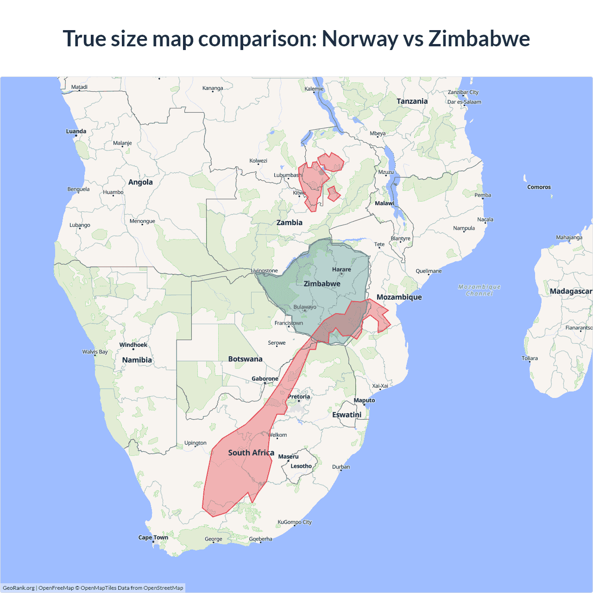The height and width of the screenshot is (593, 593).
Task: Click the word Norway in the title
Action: tap(360, 38)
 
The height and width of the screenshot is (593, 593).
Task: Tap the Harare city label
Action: tap(341, 270)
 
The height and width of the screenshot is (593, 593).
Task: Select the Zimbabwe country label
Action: tap(322, 284)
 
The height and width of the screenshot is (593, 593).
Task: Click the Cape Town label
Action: tap(153, 537)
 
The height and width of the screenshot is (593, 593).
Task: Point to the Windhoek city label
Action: tap(133, 345)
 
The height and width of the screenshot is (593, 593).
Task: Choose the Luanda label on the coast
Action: tap(76, 132)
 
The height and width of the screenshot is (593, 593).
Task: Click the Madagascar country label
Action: tap(570, 291)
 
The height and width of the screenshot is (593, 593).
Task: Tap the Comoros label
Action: tap(539, 187)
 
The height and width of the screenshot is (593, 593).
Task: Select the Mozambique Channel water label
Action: tap(479, 290)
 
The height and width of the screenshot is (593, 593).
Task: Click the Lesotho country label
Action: tap(301, 466)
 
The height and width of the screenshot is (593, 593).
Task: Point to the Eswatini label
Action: tap(347, 415)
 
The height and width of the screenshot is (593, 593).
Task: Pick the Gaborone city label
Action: tap(265, 379)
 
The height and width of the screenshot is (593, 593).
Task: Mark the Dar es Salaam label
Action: tap(464, 102)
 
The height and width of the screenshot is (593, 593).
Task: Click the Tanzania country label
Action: tap(412, 101)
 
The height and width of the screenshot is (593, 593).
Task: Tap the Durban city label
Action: tap(341, 467)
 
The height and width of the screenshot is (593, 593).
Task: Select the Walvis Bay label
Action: tap(95, 352)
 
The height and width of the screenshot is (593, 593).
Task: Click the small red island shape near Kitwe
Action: tap(333, 194)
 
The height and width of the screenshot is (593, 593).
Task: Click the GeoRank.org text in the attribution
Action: tap(19, 588)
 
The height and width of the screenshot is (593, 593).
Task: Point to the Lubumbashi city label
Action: tap(288, 175)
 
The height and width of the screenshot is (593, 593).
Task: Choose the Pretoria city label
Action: tap(299, 397)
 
